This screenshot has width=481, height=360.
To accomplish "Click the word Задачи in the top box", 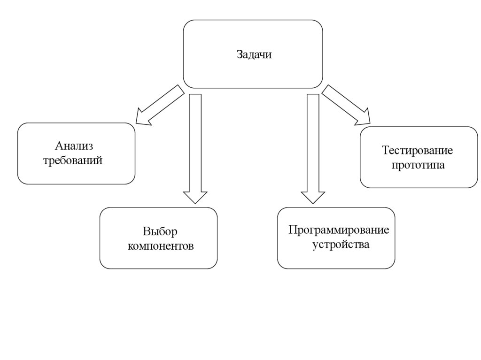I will click(x=254, y=55).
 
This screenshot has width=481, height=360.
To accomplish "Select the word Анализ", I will click(x=73, y=146).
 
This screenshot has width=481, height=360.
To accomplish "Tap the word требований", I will click(x=73, y=161).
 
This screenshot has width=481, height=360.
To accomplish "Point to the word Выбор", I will click(x=160, y=231).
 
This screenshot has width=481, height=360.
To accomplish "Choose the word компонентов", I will click(x=160, y=246).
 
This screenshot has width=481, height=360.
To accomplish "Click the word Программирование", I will click(x=339, y=230).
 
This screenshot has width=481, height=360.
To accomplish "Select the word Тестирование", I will click(x=417, y=151).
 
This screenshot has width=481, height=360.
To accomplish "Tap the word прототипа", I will click(x=418, y=165).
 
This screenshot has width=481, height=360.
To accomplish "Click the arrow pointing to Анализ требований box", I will click(x=160, y=106).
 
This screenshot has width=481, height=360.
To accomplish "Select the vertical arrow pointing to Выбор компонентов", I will click(x=195, y=146).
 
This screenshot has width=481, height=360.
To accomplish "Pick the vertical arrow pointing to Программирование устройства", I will click(x=313, y=146).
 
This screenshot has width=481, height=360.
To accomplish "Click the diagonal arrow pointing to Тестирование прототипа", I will click(x=345, y=105).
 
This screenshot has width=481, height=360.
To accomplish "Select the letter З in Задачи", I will click(x=239, y=55).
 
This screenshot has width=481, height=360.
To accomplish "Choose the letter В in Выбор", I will click(x=146, y=231).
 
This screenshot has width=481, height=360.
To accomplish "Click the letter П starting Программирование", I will click(x=292, y=230).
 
